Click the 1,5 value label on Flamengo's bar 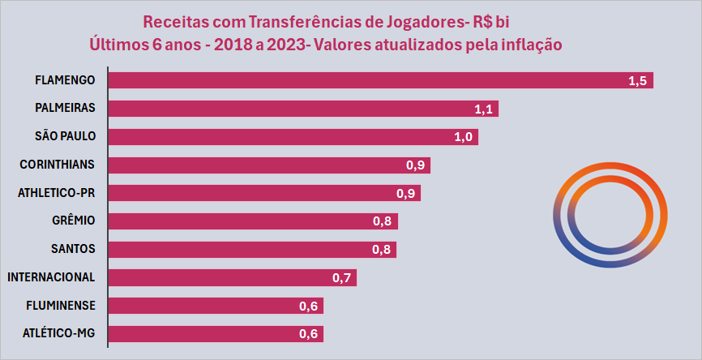point(637,80)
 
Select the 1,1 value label point(484,109)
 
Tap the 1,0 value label point(464,136)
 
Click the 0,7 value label point(342,277)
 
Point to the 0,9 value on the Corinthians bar point(416,165)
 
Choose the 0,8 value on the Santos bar point(382,249)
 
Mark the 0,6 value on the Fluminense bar point(309,306)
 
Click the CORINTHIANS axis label point(57,165)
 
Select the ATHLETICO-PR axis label point(57,193)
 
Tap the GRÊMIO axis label point(73,221)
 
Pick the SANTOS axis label point(72,249)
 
